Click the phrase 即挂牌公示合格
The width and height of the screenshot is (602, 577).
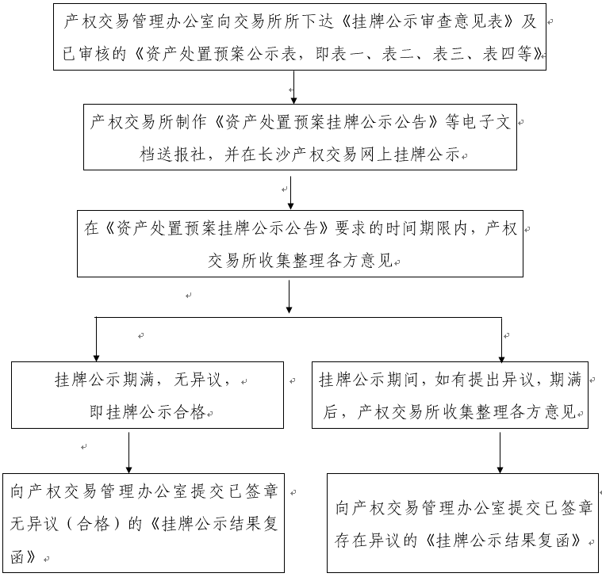[x=149, y=411]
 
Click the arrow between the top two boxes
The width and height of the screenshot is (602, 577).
[x=294, y=90]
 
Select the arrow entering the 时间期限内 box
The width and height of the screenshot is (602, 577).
[x=292, y=193]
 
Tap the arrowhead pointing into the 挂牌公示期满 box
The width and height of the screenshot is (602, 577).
[x=96, y=356]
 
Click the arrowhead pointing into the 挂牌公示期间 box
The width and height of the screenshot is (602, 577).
[x=501, y=356]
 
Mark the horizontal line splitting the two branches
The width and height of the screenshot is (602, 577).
[x=298, y=317]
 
